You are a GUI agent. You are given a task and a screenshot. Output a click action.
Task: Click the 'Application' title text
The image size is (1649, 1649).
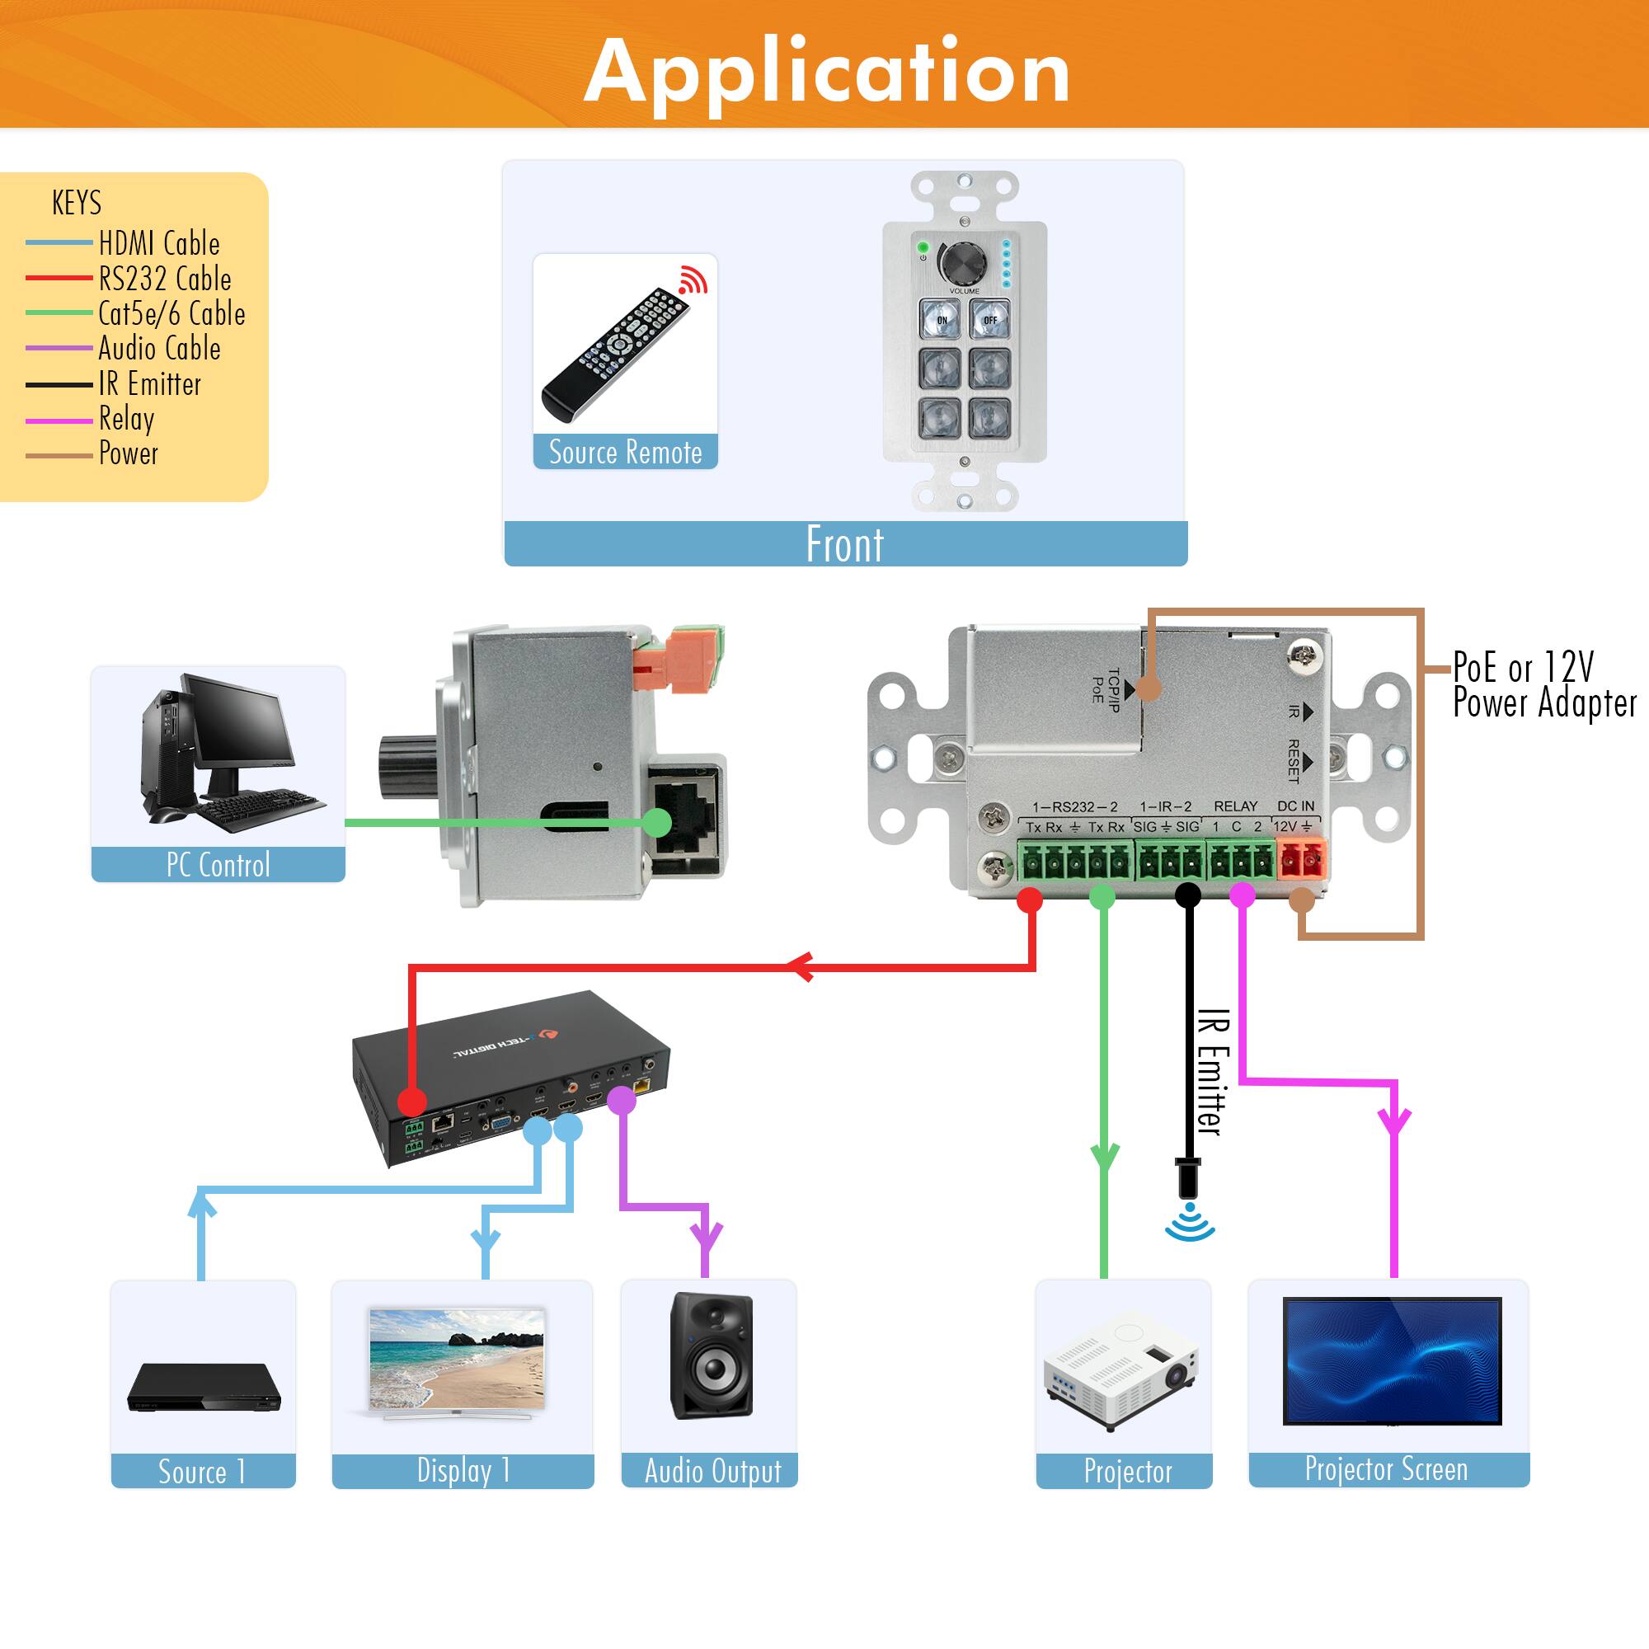click(x=826, y=73)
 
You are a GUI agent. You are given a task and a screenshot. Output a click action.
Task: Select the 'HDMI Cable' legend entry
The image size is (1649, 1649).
click(x=159, y=243)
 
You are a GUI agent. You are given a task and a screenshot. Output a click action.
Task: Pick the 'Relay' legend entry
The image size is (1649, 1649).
click(x=126, y=418)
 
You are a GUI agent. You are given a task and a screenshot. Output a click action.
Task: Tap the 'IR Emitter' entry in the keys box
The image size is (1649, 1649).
click(x=149, y=384)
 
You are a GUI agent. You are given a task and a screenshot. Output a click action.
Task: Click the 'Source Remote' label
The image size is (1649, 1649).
click(x=625, y=452)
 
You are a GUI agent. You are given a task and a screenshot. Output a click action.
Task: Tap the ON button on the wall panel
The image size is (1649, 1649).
click(x=941, y=320)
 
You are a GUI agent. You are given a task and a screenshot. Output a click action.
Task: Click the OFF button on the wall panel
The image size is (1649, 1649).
click(x=990, y=320)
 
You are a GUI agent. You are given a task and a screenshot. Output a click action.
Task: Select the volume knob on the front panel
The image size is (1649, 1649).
click(x=964, y=262)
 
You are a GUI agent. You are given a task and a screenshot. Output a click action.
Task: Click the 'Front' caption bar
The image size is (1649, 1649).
click(x=845, y=543)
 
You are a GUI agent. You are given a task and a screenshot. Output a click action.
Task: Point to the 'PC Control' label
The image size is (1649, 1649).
click(x=218, y=865)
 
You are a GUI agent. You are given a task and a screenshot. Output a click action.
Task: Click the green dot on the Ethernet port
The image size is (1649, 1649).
click(x=656, y=822)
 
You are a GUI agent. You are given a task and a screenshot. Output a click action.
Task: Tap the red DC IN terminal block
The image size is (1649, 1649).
click(x=1302, y=858)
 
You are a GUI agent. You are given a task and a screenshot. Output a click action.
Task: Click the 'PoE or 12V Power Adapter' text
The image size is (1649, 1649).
click(x=1543, y=684)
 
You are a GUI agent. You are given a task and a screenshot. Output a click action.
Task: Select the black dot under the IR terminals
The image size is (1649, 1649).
click(x=1187, y=895)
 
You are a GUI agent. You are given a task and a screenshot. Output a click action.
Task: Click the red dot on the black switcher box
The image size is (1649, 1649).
click(x=412, y=1100)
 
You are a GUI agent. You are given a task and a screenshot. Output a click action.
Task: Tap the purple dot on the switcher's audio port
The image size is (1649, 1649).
click(x=622, y=1100)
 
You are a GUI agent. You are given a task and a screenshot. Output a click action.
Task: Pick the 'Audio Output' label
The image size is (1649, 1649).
click(x=712, y=1471)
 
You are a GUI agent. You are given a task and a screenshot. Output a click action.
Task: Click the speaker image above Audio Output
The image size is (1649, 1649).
click(x=712, y=1356)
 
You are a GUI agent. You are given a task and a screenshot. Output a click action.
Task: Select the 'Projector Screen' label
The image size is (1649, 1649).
click(x=1386, y=1469)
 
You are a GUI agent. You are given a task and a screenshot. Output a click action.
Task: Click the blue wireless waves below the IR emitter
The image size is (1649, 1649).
click(x=1189, y=1222)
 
